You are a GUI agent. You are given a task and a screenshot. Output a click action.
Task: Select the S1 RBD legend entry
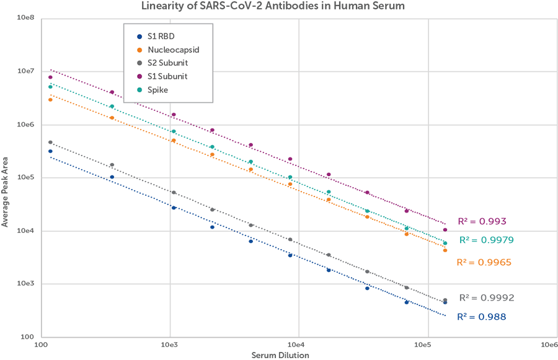click(x=161, y=36)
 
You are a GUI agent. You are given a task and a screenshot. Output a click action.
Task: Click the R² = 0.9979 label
click(x=486, y=240)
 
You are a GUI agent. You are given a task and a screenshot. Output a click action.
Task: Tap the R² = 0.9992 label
click(x=486, y=297)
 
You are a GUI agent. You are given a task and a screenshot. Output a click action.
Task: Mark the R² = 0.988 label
click(x=481, y=317)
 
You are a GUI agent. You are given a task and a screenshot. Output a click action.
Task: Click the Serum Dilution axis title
click(x=280, y=355)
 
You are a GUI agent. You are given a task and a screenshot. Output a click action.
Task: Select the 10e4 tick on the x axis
click(x=297, y=343)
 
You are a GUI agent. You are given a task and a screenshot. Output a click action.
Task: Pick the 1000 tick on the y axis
click(x=25, y=284)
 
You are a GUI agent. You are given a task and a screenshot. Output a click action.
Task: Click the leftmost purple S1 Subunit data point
click(x=51, y=77)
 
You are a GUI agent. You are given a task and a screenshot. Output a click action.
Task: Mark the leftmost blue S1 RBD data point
click(x=51, y=151)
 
